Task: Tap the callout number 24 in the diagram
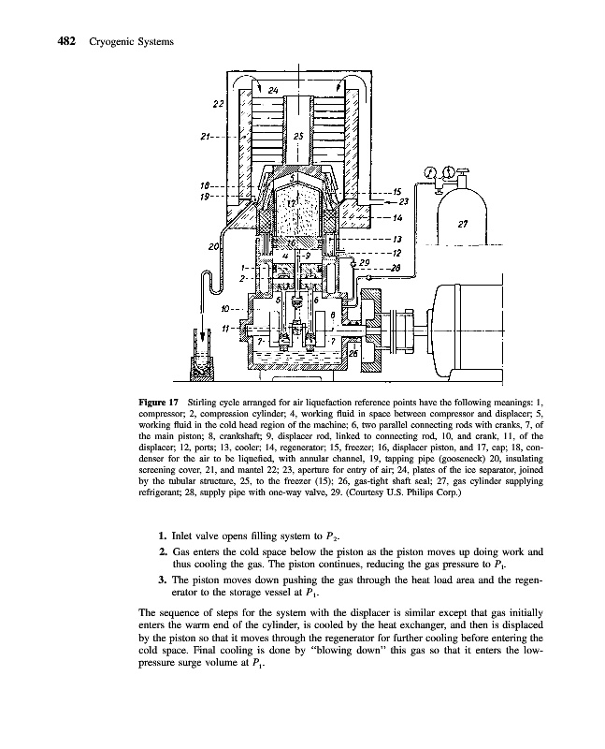click(x=272, y=91)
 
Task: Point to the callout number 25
click(x=298, y=137)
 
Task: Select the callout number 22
click(x=218, y=103)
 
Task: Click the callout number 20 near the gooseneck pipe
click(x=214, y=246)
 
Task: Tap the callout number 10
click(x=224, y=307)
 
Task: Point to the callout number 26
click(x=353, y=352)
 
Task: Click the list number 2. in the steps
click(x=162, y=553)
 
